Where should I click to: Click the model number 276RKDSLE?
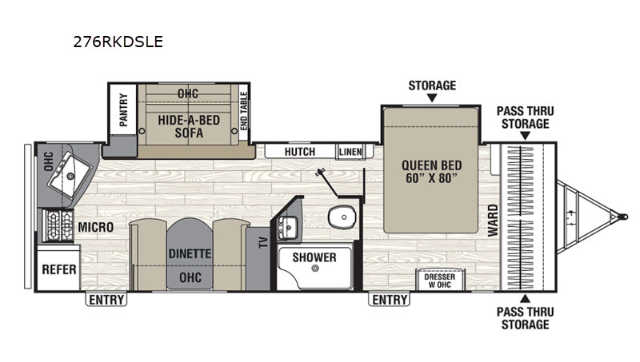coord(118,42)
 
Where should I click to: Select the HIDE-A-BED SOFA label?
coord(189,126)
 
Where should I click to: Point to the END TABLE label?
coord(244,111)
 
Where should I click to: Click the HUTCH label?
coord(300,152)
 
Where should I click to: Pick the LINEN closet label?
coord(350,152)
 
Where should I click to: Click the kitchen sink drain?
coord(70,176)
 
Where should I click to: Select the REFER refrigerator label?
coord(59,269)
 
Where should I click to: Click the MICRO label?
coord(96,227)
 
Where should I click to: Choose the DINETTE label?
coord(190,253)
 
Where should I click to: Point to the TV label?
coord(264,243)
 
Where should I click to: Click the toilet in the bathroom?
coord(342,217)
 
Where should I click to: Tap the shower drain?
coord(314,269)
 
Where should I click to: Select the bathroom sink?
coord(288,228)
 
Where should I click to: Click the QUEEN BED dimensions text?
coord(432,178)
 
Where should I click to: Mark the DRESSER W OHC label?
coord(439,280)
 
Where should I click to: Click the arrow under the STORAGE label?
coord(432,97)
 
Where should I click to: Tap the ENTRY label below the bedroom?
coord(390,300)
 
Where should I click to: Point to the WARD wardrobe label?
coord(493,220)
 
